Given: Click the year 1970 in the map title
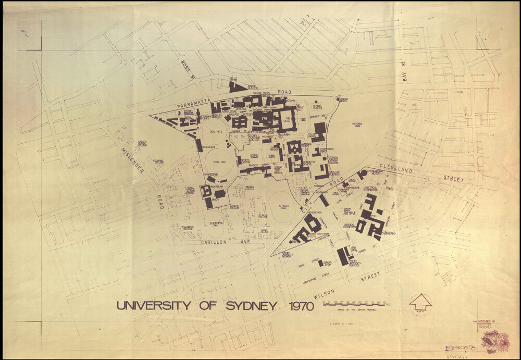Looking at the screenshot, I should coord(300,305).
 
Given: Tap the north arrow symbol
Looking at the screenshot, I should coord(420,302).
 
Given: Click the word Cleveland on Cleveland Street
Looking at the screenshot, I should coord(396,170).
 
